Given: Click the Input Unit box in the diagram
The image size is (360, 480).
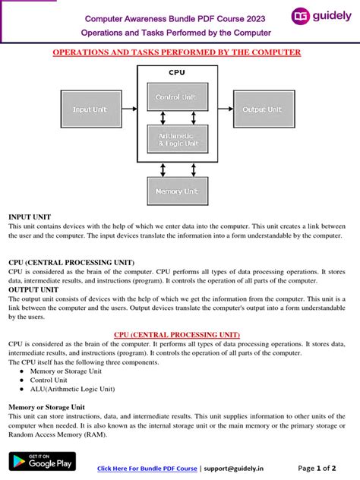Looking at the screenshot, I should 90,109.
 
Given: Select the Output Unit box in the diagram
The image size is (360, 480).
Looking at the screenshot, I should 264,109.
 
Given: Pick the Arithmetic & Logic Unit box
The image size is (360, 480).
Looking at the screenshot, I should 177,139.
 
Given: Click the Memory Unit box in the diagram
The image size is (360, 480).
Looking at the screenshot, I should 177,191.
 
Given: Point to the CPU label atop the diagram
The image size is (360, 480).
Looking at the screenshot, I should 176,73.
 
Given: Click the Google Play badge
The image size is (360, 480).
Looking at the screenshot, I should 42,460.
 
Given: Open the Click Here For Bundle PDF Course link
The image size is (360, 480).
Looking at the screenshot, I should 148,468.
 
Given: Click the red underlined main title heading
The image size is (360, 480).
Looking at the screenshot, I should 176,52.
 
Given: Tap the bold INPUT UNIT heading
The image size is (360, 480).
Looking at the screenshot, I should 30,217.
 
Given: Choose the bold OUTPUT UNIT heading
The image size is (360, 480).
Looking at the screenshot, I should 33,289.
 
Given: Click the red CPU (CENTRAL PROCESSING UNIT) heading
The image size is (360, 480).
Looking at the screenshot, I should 176,334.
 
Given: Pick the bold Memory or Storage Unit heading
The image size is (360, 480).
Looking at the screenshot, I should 46,407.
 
